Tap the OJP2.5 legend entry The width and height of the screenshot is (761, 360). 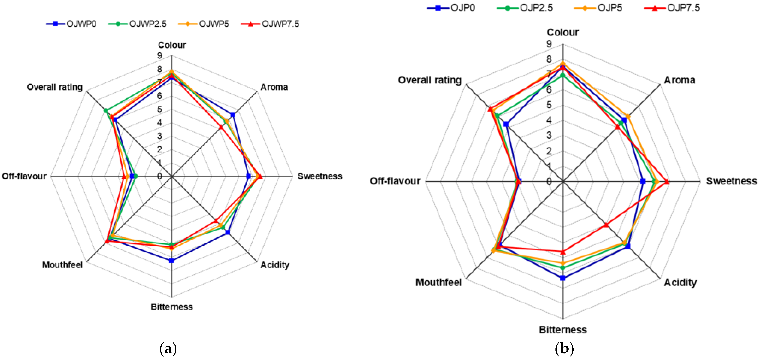click(x=525, y=8)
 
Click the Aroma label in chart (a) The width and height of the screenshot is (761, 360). click(x=274, y=87)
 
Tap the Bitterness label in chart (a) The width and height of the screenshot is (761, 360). click(x=172, y=307)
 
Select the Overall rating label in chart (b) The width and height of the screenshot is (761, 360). click(x=430, y=80)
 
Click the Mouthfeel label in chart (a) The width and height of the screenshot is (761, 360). click(x=62, y=265)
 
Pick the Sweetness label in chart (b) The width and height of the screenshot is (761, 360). click(x=731, y=181)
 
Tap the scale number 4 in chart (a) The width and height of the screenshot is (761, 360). click(x=160, y=123)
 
